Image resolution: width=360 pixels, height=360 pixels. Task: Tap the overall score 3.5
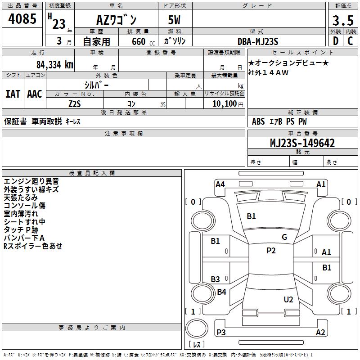[x=342, y=20]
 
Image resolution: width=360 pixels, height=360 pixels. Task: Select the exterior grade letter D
[x=335, y=41]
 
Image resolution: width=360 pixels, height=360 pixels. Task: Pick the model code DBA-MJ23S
[x=258, y=41]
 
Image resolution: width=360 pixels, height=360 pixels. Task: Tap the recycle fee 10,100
[x=224, y=103]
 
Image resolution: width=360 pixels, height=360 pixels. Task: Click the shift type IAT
[x=13, y=94]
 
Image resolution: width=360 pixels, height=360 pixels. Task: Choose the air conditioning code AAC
[x=35, y=94]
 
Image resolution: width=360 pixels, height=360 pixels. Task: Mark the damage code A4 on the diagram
[x=220, y=184]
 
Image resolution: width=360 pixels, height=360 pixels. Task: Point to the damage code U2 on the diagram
[x=288, y=299]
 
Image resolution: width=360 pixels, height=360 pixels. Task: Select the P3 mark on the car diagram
[x=221, y=333]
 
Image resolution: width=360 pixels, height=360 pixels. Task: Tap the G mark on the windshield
[x=284, y=237]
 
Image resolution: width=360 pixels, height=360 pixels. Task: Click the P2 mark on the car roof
[x=271, y=251]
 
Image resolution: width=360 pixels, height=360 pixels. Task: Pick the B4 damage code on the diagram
[x=221, y=292]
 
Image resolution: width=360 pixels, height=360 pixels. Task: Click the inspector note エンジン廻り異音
[x=31, y=181]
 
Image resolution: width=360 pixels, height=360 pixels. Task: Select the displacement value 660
[x=138, y=41]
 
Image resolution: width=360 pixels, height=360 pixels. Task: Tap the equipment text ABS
[x=258, y=121]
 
